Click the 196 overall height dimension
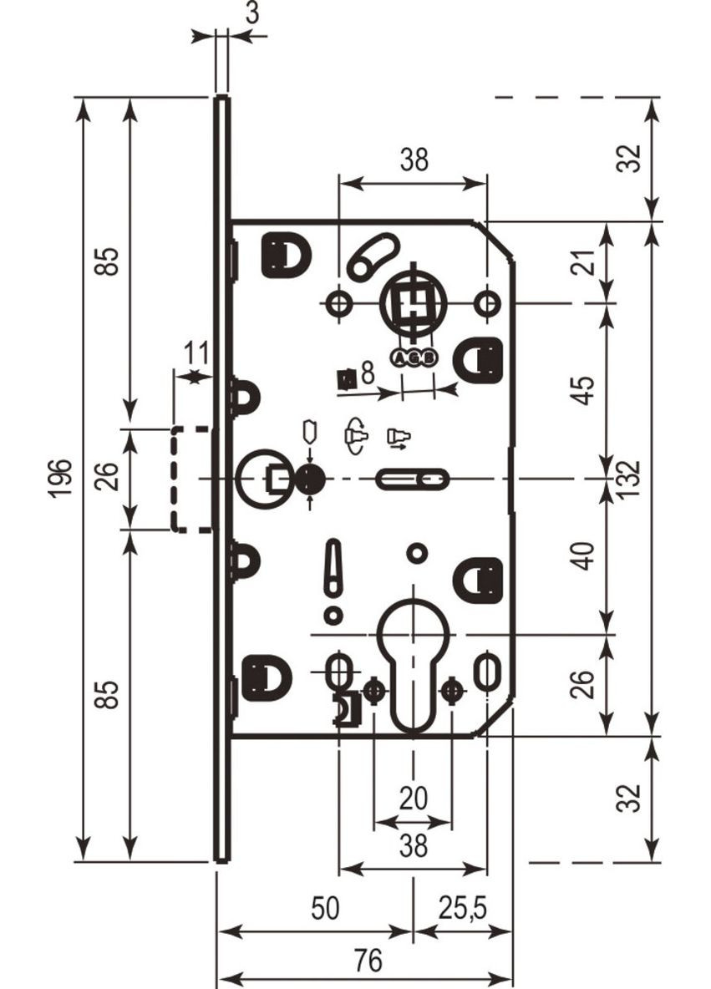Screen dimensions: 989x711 click(x=61, y=479)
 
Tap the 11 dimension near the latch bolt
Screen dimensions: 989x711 click(x=196, y=353)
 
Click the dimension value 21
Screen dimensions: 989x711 click(x=587, y=262)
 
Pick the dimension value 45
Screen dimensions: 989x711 click(x=587, y=390)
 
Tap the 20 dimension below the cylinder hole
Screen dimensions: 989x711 click(x=413, y=799)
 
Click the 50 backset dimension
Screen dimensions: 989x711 click(x=324, y=908)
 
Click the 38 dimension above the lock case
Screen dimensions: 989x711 click(x=413, y=160)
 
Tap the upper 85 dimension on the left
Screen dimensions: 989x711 click(x=112, y=261)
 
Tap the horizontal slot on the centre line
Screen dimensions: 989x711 click(x=412, y=479)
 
